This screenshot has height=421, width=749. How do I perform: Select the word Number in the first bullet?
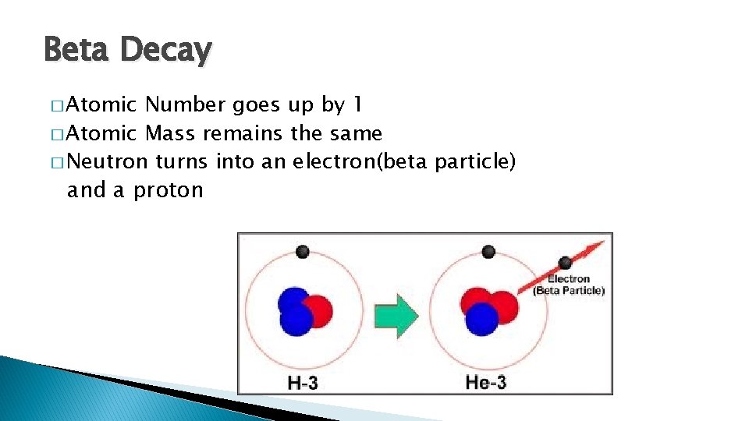click(186, 104)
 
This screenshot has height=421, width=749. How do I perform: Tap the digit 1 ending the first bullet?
click(357, 104)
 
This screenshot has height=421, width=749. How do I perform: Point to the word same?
click(356, 133)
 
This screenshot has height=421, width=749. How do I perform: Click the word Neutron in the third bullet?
click(107, 162)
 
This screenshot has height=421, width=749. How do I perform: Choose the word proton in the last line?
click(168, 190)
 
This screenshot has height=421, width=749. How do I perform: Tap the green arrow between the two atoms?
click(396, 316)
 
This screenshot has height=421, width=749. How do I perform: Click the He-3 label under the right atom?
click(486, 382)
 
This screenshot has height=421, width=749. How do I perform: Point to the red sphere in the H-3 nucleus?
click(318, 311)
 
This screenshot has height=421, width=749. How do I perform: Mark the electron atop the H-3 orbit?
click(304, 252)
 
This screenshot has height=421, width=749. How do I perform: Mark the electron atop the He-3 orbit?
click(488, 251)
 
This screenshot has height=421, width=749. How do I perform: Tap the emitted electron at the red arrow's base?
click(565, 264)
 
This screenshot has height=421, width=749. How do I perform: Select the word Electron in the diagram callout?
click(569, 279)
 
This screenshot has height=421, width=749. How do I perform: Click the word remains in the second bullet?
click(243, 133)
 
